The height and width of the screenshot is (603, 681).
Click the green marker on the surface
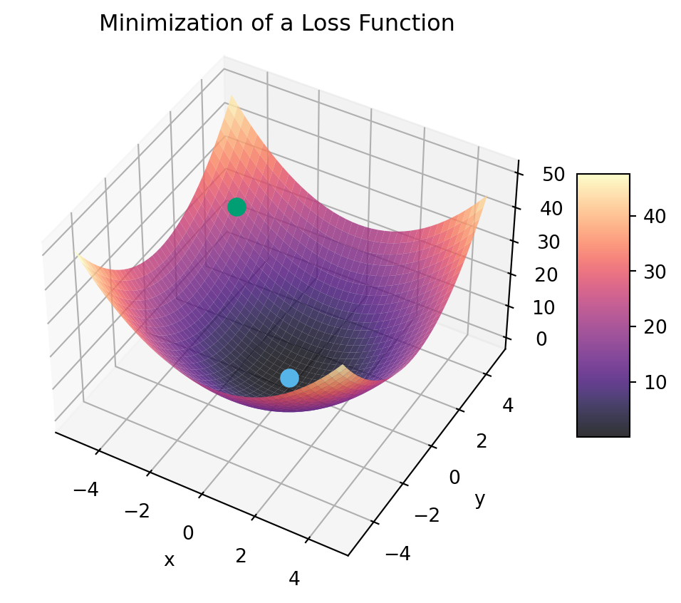click(236, 207)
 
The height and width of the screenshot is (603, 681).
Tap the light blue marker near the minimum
click(289, 378)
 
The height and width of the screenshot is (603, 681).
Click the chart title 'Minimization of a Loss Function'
click(276, 24)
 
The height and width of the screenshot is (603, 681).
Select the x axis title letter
click(169, 560)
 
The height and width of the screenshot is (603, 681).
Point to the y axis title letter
click(480, 500)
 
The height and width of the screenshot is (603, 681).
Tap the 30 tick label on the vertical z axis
click(548, 242)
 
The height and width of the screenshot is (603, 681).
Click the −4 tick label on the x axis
click(85, 490)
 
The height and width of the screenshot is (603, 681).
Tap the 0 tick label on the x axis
click(188, 532)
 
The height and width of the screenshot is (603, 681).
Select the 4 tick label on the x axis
click(294, 579)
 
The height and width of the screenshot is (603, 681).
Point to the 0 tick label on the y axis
click(454, 477)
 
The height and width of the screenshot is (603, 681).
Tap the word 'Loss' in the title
click(325, 24)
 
